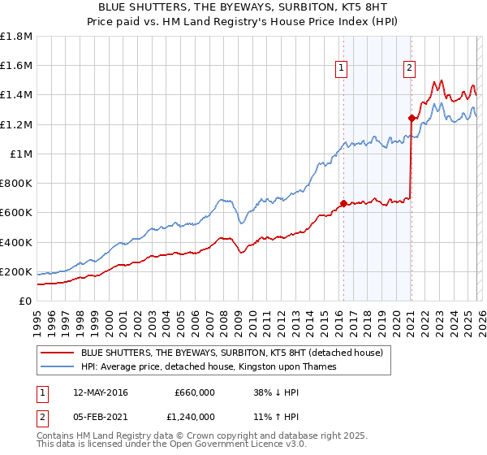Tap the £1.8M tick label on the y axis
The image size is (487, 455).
[16, 37]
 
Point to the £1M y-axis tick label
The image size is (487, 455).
[20, 154]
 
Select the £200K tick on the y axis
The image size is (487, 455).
[16, 271]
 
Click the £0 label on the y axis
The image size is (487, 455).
[25, 301]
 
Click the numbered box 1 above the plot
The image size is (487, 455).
[342, 69]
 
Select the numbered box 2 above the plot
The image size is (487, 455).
[410, 69]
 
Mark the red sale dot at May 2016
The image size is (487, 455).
[343, 203]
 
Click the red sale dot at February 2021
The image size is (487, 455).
[412, 118]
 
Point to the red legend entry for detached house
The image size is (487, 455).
[235, 353]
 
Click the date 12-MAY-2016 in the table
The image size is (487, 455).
[96, 392]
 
